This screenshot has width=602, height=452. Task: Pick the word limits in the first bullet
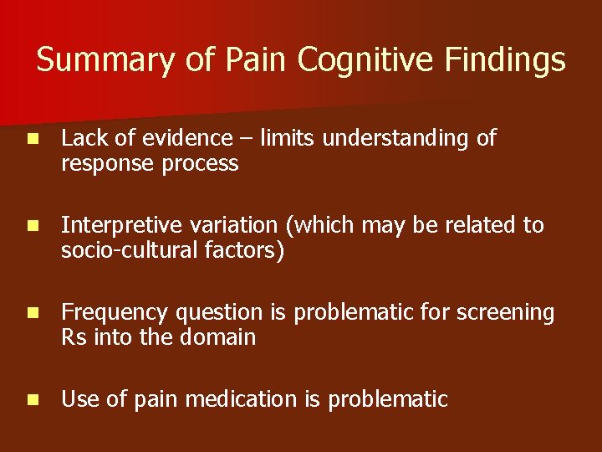pos(288,138)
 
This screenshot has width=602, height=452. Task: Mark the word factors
pos(247,250)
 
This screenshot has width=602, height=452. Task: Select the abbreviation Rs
pos(74,337)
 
